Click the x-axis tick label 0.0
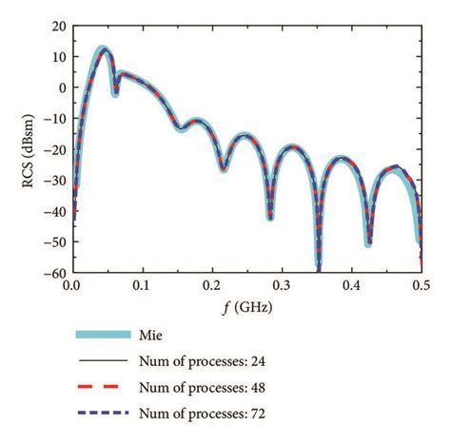[x=71, y=284]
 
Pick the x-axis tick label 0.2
[x=211, y=284]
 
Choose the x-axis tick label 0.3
[x=282, y=284]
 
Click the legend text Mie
[x=174, y=336]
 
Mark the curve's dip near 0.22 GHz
[x=224, y=168]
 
